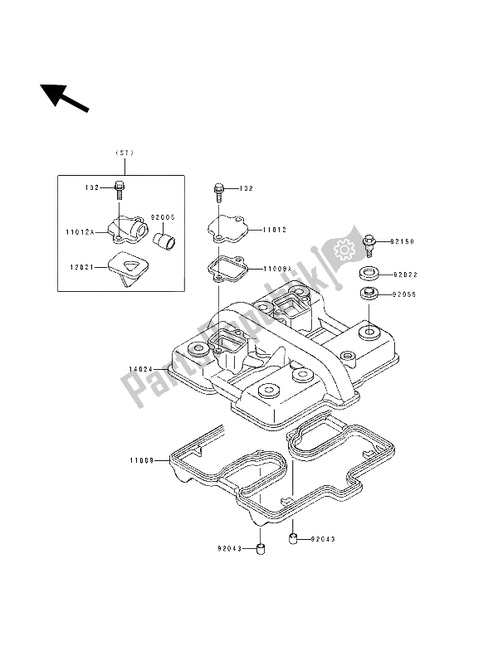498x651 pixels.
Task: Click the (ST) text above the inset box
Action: [124, 153]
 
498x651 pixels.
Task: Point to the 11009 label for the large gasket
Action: [142, 458]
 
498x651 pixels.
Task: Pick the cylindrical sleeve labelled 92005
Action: [163, 240]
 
